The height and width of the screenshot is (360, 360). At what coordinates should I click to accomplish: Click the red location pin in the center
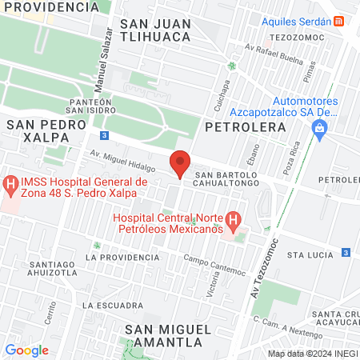(180, 162)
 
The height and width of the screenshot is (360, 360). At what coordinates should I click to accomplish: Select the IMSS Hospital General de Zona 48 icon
(10, 187)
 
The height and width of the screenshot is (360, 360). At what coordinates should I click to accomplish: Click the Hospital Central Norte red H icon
(233, 218)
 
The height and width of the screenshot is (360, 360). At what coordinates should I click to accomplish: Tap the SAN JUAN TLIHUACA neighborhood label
(155, 30)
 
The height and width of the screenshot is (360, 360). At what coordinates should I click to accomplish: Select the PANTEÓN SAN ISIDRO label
(88, 106)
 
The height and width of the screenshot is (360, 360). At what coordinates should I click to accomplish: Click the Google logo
(26, 350)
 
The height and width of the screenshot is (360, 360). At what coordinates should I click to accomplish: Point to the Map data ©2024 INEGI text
(312, 354)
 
